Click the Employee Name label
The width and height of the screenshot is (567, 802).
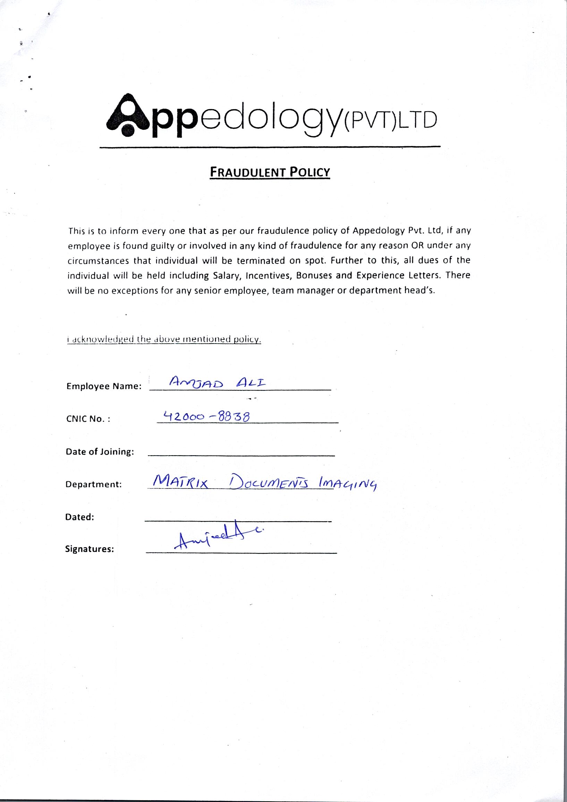[104, 386]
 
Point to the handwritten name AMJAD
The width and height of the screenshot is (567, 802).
[195, 382]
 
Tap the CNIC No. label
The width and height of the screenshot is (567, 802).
[88, 419]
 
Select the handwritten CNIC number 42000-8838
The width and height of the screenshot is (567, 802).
[206, 416]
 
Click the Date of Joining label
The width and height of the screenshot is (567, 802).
[100, 452]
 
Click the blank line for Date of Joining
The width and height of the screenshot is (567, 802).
[241, 455]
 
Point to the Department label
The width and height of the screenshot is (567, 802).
[93, 484]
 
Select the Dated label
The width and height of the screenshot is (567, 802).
[79, 517]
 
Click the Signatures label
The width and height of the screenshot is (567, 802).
[90, 549]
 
